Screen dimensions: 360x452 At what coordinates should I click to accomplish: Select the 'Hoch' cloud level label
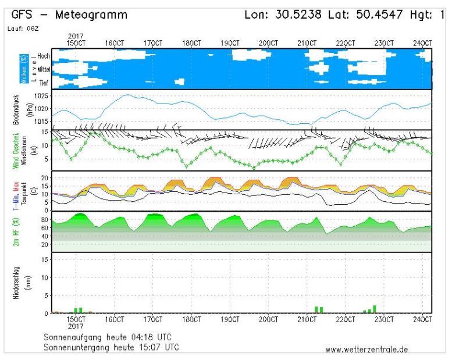42,56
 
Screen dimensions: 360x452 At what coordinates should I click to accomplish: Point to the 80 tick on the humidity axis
44,220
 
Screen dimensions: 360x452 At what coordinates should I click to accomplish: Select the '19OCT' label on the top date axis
230,42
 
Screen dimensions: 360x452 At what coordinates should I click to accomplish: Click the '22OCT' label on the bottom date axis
346,320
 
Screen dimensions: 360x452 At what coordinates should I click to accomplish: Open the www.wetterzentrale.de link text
366,350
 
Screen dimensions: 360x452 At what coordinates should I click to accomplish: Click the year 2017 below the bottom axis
76,326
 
